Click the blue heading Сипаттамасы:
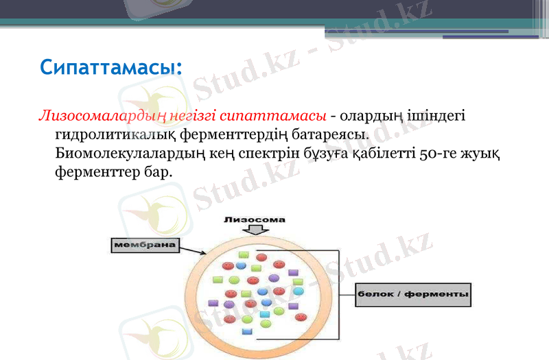(x=110, y=67)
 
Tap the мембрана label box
(x=143, y=244)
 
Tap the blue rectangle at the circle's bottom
(x=247, y=332)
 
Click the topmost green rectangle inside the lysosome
(x=243, y=255)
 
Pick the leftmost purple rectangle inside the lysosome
(x=213, y=302)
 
